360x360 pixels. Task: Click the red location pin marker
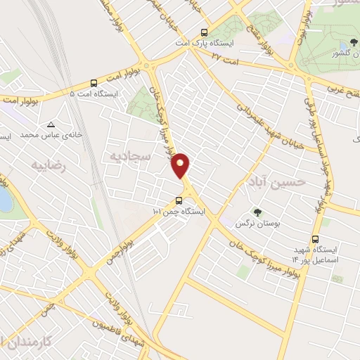coord(181,165)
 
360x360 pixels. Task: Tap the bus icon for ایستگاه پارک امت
coord(205,32)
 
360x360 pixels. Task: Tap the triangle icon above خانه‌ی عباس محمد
coord(69,123)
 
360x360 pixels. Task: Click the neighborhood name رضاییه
coord(47,165)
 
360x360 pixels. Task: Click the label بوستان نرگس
coord(256,223)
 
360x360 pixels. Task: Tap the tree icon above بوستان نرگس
coord(257,212)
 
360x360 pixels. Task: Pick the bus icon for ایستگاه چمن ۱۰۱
coord(178,200)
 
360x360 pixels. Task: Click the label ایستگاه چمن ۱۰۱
coord(178,211)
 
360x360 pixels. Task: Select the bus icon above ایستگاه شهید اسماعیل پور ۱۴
coord(316,239)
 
